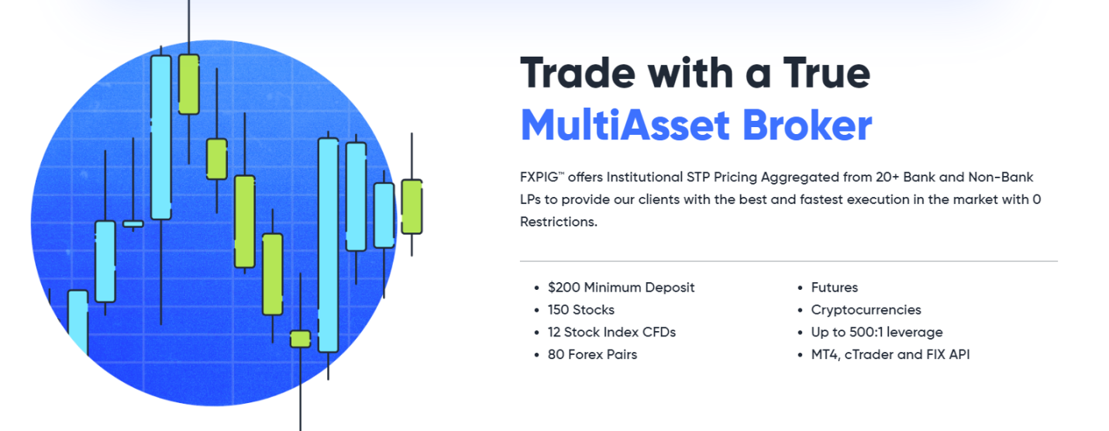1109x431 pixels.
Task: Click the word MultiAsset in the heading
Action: click(625, 125)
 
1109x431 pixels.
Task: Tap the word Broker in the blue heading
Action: click(807, 125)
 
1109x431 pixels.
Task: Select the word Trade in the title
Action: click(578, 74)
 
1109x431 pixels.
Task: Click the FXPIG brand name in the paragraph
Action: click(539, 177)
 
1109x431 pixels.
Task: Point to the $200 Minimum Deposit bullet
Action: click(621, 288)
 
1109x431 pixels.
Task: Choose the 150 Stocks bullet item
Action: click(580, 309)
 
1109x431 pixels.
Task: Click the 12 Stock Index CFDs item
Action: click(611, 332)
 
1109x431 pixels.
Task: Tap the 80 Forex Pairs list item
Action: click(592, 354)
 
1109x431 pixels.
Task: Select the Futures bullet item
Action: click(834, 288)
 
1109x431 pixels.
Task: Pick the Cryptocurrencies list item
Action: click(866, 309)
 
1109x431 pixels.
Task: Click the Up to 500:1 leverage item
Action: click(877, 332)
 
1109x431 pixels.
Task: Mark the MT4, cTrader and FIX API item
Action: click(890, 354)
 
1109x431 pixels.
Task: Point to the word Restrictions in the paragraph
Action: click(559, 222)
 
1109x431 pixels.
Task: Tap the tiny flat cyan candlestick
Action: click(133, 224)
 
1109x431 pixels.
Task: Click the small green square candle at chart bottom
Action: click(300, 339)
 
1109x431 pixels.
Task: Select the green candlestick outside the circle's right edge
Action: click(412, 206)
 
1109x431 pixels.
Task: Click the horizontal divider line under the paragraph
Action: click(789, 260)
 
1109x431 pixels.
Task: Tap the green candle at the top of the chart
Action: click(188, 84)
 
